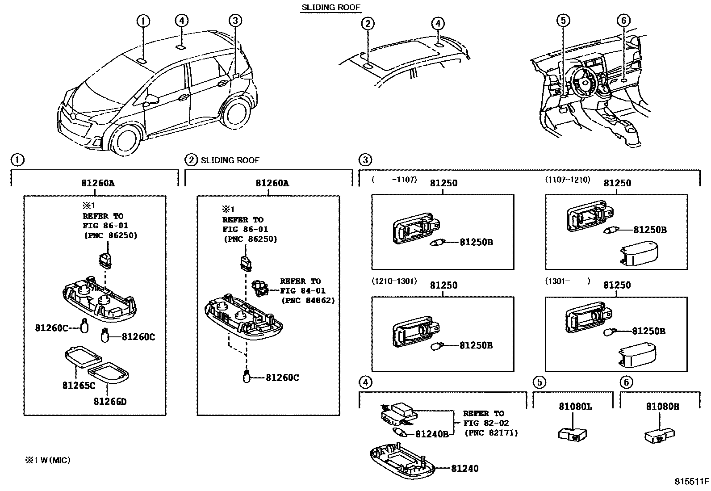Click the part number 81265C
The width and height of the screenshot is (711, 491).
coord(79,385)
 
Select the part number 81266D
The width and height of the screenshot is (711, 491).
coord(110,401)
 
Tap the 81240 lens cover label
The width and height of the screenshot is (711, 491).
coord(464,468)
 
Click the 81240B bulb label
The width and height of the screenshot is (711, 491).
coord(431,434)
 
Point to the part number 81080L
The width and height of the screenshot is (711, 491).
coord(575,407)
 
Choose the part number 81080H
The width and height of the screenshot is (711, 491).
coord(662,407)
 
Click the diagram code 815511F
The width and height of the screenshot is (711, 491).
coord(691,482)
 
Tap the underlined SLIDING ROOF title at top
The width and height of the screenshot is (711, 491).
coord(330,7)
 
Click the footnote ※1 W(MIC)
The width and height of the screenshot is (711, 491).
coord(48,460)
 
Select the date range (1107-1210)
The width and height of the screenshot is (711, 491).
coord(567,180)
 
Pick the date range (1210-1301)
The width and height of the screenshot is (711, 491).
coord(394,281)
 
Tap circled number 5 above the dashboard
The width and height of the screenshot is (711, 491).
coord(563,20)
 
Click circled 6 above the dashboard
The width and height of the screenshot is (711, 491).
coord(623,20)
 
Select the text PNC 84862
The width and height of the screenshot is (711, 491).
coord(308,301)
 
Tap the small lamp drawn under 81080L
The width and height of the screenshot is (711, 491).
coord(573,433)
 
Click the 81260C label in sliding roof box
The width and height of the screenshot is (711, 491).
coord(282,378)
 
